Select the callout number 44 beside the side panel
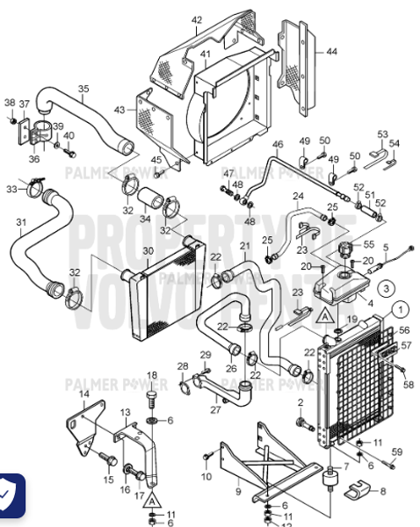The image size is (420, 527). point(331,52)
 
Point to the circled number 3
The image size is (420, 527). point(385,287)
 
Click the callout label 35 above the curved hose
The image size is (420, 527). point(83,89)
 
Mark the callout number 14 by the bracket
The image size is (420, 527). point(84,394)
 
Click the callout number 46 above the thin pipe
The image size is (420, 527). point(278,144)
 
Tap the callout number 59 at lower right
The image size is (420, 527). point(397,451)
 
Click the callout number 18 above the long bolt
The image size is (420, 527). point(151,375)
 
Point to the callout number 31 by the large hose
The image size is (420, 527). point(20,221)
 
